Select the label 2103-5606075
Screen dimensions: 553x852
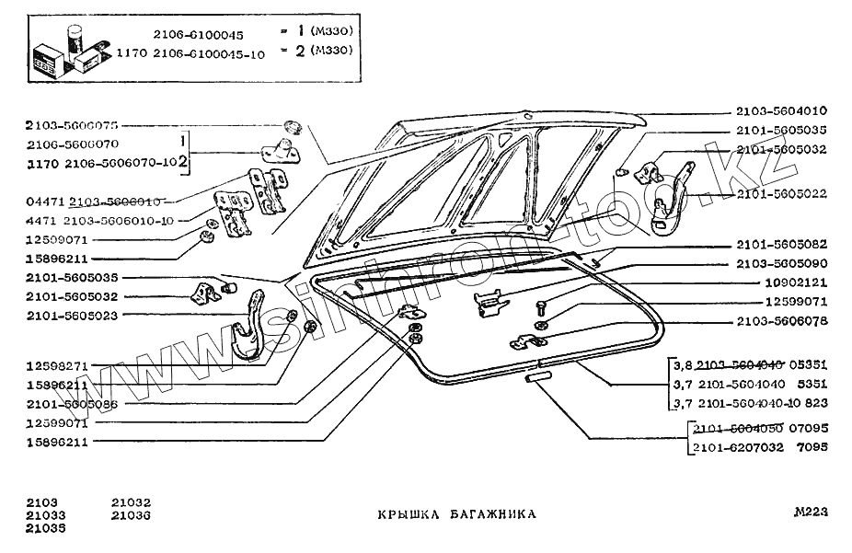[72, 125]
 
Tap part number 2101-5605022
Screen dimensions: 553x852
[781, 194]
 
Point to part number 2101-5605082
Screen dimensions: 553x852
[781, 245]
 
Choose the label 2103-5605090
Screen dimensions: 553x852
[781, 263]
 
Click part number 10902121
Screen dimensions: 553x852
[796, 282]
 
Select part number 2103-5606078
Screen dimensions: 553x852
[781, 322]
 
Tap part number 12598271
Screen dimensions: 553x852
[57, 365]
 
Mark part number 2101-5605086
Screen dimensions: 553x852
[72, 403]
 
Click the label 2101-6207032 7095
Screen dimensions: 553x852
[760, 448]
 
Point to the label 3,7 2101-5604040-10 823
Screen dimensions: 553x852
[750, 403]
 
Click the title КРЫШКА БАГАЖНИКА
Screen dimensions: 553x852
[456, 515]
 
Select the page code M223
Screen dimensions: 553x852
[811, 513]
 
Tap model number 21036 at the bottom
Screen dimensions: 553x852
[131, 516]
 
